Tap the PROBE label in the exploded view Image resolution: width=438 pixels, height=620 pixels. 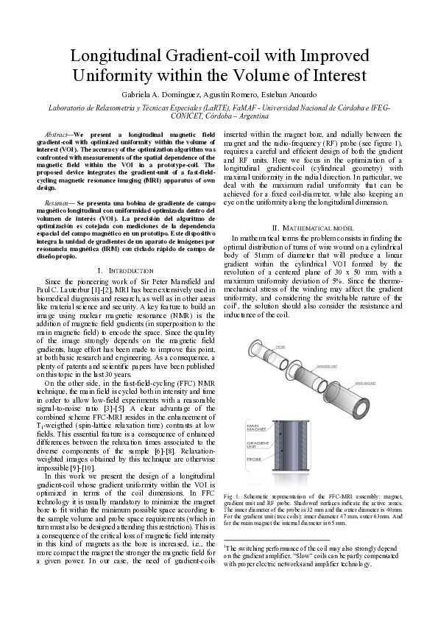(280, 345)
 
